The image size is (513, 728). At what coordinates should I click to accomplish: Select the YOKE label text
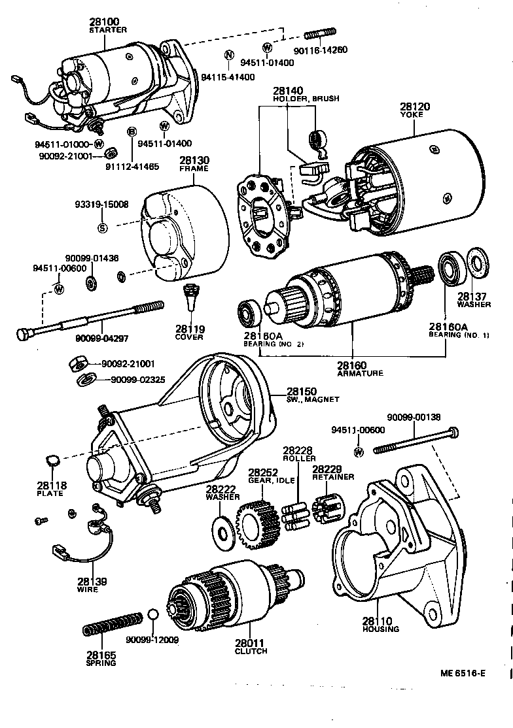[x=412, y=114]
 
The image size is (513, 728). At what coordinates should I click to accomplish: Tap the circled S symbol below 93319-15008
[x=102, y=227]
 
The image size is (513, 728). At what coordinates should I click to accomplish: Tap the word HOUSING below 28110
[x=381, y=629]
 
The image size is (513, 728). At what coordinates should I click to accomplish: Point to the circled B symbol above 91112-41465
[x=132, y=132]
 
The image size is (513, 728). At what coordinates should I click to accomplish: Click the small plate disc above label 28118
[x=54, y=461]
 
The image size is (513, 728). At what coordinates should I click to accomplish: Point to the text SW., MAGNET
[x=313, y=399]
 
